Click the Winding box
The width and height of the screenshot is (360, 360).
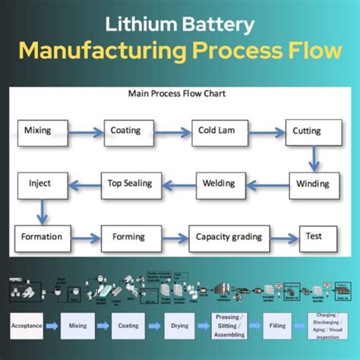click(x=312, y=185)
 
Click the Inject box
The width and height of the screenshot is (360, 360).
click(x=40, y=185)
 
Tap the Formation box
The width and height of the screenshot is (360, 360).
click(x=43, y=236)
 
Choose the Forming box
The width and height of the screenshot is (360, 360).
click(x=131, y=236)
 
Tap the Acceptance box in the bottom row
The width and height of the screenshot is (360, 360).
click(x=25, y=326)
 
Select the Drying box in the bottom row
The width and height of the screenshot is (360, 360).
click(x=175, y=326)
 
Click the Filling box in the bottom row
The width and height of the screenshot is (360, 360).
click(x=277, y=326)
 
